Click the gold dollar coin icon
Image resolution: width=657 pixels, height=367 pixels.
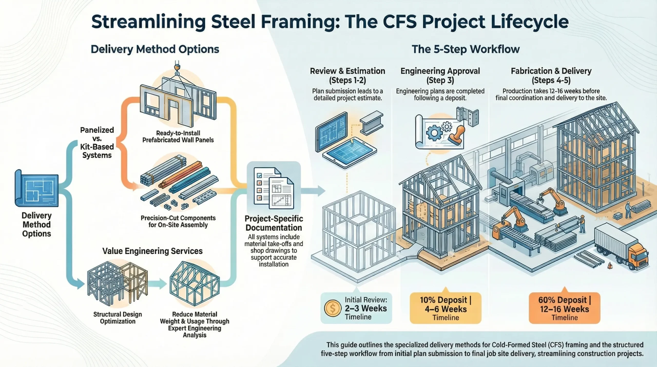(x=333, y=308)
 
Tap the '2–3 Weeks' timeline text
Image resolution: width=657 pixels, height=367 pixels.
(x=366, y=308)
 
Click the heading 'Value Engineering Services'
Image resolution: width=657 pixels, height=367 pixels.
(x=152, y=251)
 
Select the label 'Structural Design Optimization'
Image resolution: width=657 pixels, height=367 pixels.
(x=118, y=318)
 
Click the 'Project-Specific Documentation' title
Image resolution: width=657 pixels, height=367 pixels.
(x=274, y=223)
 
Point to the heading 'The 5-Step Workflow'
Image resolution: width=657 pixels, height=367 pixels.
(x=466, y=49)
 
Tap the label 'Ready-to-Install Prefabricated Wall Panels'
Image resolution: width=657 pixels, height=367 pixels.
(x=178, y=136)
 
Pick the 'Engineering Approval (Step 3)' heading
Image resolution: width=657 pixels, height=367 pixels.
(x=440, y=76)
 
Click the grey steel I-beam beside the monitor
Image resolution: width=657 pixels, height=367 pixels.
(x=371, y=123)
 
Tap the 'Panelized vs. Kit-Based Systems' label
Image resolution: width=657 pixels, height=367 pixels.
(x=97, y=143)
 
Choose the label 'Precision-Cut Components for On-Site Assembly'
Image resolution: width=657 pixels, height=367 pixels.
(x=178, y=221)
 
